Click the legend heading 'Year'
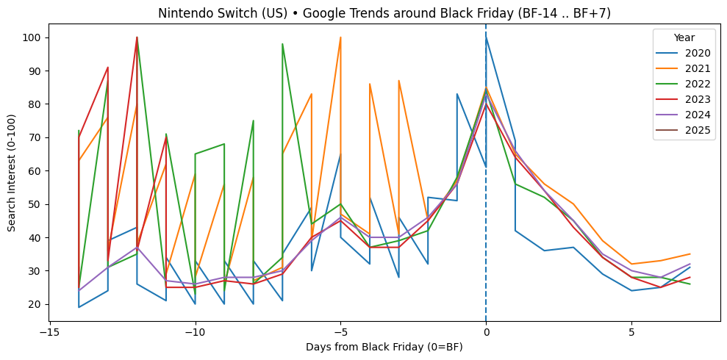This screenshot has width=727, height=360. tap(684, 37)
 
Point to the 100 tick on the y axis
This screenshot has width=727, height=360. tap(35, 37)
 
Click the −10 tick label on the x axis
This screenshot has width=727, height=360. tap(195, 332)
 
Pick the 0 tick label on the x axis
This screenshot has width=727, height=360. tap(486, 332)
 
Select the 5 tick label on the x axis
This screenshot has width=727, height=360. tap(631, 332)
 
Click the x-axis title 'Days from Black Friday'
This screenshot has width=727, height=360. tap(384, 347)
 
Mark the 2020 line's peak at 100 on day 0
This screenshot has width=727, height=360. tap(486, 37)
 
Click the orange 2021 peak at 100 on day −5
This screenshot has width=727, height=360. tap(340, 37)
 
